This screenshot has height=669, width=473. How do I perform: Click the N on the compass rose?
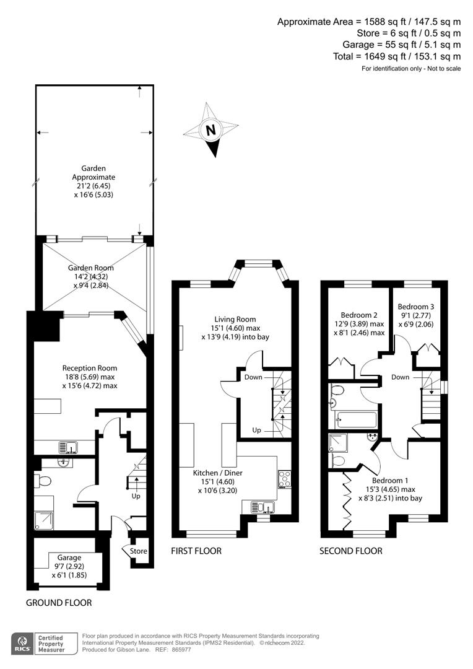pyautogui.click(x=210, y=131)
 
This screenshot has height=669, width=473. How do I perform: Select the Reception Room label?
pyautogui.click(x=90, y=368)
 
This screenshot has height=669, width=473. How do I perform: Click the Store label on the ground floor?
pyautogui.click(x=139, y=551)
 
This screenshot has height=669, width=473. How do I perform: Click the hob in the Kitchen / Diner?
pyautogui.click(x=285, y=479)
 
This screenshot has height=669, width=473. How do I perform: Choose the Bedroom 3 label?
pyautogui.click(x=416, y=307)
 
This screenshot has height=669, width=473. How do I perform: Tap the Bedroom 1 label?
pyautogui.click(x=390, y=479)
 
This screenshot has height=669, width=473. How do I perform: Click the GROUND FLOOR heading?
pyautogui.click(x=59, y=603)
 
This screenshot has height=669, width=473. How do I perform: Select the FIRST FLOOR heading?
pyautogui.click(x=196, y=551)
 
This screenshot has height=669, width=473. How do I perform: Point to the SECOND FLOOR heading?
pyautogui.click(x=350, y=551)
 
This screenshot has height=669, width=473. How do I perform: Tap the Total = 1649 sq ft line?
pyautogui.click(x=397, y=56)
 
